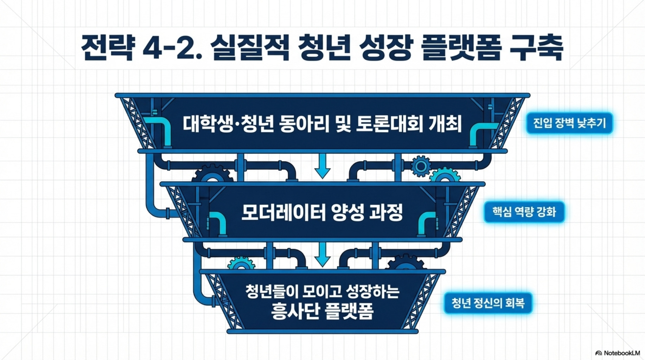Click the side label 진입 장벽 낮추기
coord(569,123)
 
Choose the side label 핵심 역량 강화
coord(524,212)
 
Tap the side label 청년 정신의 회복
coord(488,303)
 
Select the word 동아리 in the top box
coord(304,124)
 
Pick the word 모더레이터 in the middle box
coord(283,213)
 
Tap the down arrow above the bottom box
coord(322,255)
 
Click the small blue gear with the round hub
coord(421,166)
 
